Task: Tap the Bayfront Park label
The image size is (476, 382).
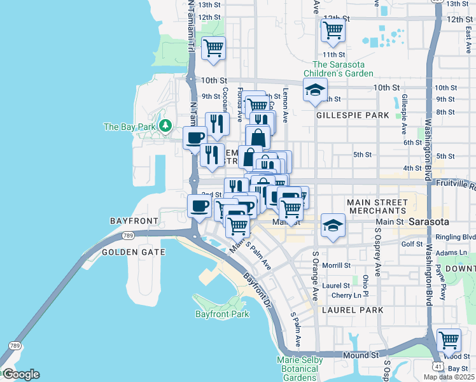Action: coord(221,315)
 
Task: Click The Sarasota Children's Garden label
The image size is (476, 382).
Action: coord(342,69)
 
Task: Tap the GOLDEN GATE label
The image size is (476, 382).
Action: coord(133,252)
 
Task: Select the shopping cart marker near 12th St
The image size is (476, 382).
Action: coord(333,30)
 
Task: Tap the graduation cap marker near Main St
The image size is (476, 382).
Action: coord(332,225)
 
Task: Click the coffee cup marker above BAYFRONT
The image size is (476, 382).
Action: coord(200,206)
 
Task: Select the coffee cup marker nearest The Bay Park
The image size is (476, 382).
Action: coord(195,137)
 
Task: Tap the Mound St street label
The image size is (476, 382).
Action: coord(361,355)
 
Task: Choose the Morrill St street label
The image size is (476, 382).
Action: coord(337,265)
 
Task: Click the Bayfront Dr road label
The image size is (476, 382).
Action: coord(256,289)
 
